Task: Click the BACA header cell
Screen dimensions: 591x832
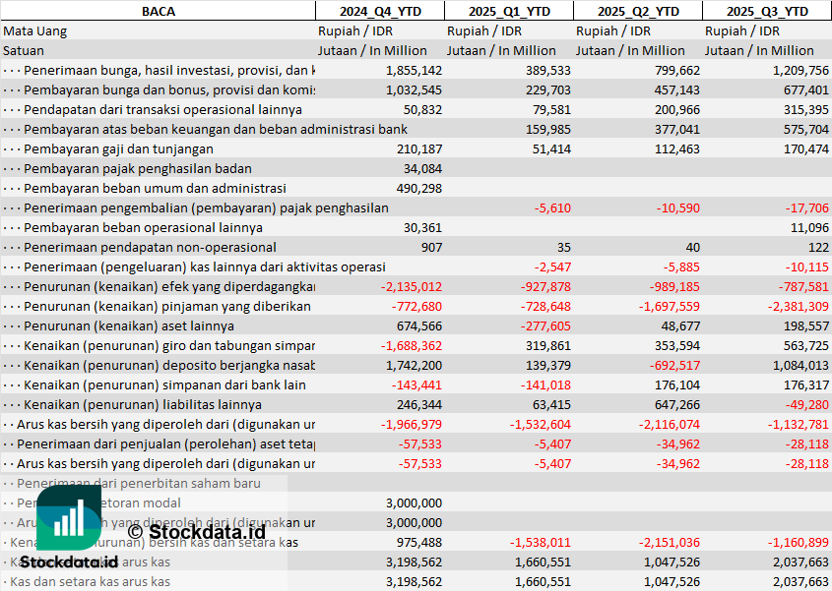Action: pos(159,11)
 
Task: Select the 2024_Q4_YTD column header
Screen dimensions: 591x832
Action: pos(379,11)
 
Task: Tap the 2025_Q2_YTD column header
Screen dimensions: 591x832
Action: pos(639,11)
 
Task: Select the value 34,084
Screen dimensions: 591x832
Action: pos(422,168)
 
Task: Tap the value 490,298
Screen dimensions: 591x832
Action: pos(418,188)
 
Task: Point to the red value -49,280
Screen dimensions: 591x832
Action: pos(805,404)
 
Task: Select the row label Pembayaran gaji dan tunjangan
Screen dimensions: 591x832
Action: pos(118,148)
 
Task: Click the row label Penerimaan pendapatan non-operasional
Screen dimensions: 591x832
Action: pos(150,247)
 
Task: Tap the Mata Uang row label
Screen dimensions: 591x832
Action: pos(34,30)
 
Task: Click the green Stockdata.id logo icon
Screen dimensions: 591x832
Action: pos(68,518)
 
